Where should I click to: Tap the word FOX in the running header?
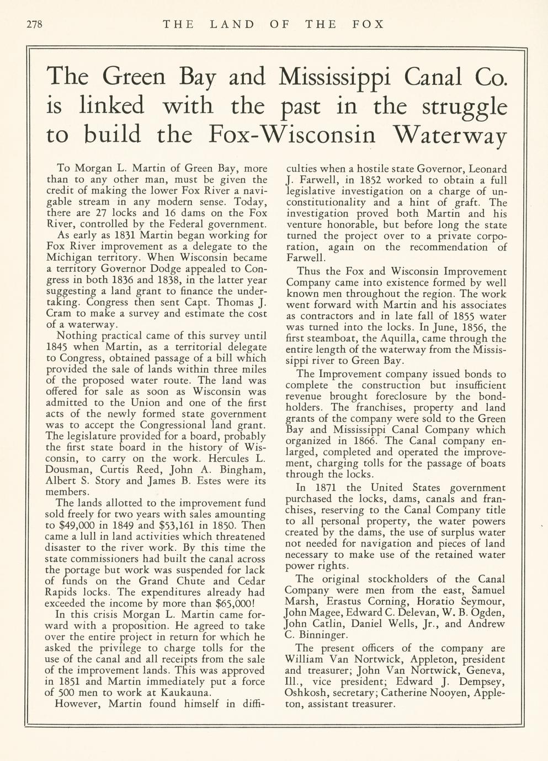(368, 24)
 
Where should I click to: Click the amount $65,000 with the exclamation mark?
(237, 603)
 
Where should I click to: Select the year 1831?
(118, 235)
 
